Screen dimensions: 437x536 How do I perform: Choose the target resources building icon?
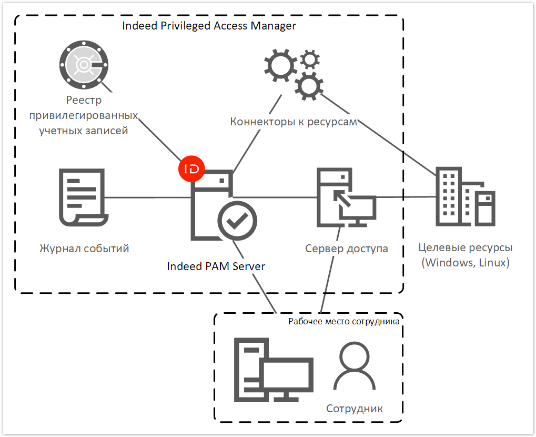coord(464,197)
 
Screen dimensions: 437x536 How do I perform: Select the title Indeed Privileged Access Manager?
coord(209,26)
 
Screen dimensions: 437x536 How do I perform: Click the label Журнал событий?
coord(84,248)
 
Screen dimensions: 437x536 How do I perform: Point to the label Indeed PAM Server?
coord(216,266)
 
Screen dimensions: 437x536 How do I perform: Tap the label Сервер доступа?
coord(347,248)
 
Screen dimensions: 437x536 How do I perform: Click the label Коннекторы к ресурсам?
coord(294,122)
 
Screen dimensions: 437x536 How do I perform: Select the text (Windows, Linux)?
coord(466,262)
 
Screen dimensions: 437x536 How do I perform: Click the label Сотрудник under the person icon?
coord(355,409)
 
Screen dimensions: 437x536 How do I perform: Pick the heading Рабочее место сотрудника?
coord(344,321)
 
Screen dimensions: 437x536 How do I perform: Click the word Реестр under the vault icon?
coord(84,100)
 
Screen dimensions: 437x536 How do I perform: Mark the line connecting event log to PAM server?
coord(147,197)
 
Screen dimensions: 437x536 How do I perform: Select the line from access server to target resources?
coord(405,197)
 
